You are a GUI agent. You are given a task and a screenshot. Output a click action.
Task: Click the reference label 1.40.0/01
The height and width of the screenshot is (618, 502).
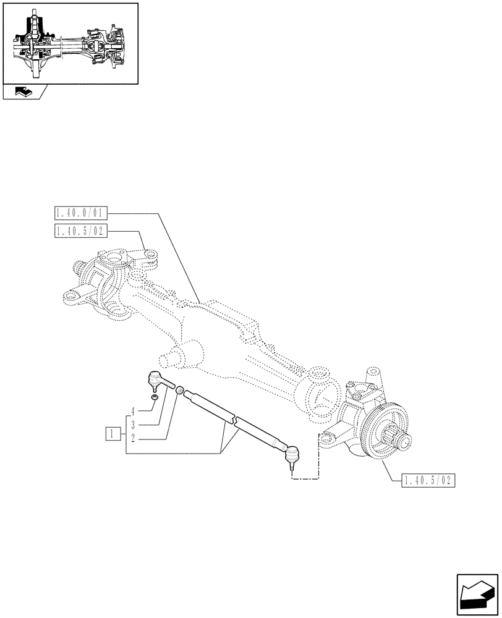[x=81, y=214]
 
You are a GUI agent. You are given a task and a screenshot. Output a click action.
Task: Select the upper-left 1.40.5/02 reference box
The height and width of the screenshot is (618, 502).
[x=81, y=231]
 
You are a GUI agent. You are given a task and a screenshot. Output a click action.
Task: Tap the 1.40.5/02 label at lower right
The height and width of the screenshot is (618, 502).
[x=428, y=480]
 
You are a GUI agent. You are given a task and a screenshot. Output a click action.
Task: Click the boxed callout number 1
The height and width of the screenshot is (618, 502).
[x=112, y=433]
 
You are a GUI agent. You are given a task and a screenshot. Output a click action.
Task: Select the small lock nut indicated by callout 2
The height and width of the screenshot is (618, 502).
[x=179, y=391]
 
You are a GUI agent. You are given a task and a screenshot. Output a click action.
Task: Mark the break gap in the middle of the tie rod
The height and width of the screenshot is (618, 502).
[x=234, y=420]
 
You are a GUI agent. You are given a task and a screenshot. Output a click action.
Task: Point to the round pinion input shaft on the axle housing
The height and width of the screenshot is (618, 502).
[x=170, y=358]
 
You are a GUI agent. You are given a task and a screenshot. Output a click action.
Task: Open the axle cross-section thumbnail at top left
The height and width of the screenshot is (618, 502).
[x=70, y=43]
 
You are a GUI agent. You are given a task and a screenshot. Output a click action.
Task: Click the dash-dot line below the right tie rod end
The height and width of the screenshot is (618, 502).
[x=306, y=478]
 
